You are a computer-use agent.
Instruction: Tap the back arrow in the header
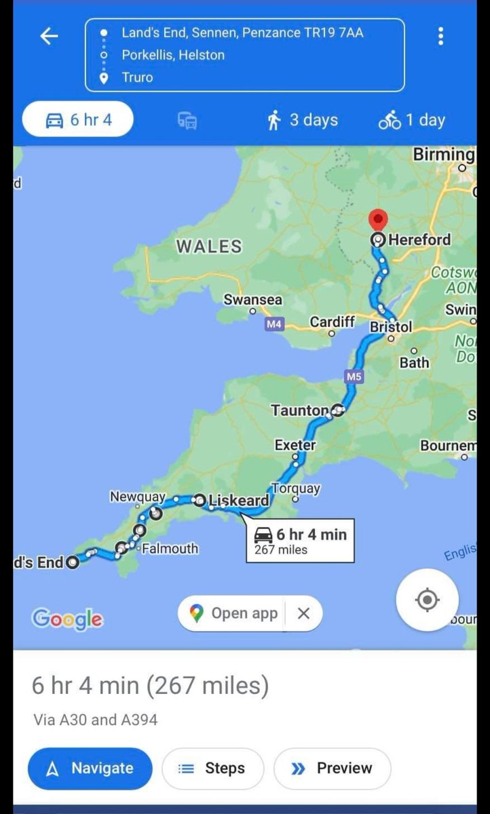(x=50, y=36)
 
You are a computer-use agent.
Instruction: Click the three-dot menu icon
(x=440, y=36)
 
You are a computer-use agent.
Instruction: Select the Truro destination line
(x=137, y=77)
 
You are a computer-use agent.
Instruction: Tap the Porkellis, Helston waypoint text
(x=172, y=55)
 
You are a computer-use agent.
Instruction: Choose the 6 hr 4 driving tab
(x=78, y=121)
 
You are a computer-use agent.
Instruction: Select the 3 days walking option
(x=303, y=121)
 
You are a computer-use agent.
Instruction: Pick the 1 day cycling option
(x=412, y=121)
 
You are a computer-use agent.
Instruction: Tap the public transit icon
(x=187, y=121)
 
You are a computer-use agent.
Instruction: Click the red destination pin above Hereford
(x=378, y=221)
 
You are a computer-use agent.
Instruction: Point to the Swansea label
(x=253, y=299)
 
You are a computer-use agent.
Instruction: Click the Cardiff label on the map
(x=332, y=322)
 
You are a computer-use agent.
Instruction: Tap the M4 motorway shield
(x=274, y=324)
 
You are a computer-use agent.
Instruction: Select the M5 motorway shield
(x=354, y=375)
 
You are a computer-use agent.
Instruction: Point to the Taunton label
(x=299, y=410)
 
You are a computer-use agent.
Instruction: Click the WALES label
(x=209, y=246)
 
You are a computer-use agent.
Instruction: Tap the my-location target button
(x=427, y=600)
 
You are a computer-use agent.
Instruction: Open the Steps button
(x=212, y=769)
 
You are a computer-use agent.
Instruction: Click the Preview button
(x=332, y=769)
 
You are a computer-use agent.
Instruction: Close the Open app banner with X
(x=303, y=613)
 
